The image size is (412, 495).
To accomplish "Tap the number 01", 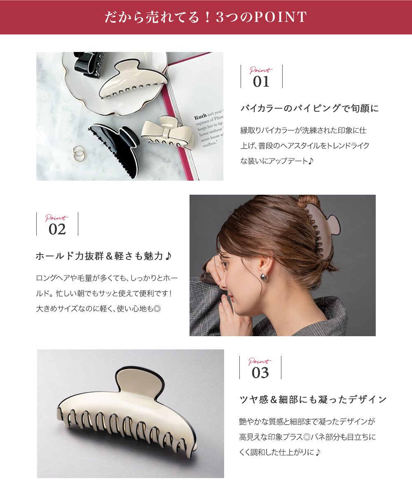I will [x=261, y=82].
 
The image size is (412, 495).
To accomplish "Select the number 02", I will [x=57, y=229].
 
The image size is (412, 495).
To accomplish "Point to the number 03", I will [x=260, y=373].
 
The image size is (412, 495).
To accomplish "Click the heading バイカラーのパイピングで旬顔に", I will [x=309, y=108].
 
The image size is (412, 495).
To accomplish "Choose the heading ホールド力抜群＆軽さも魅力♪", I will [x=103, y=256].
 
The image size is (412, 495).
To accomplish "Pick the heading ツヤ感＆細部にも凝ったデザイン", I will [x=313, y=399].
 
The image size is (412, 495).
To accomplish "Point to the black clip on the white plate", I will [x=88, y=66].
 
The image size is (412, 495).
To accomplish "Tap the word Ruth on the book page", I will [x=200, y=117].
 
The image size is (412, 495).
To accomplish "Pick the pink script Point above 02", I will [x=57, y=217].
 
